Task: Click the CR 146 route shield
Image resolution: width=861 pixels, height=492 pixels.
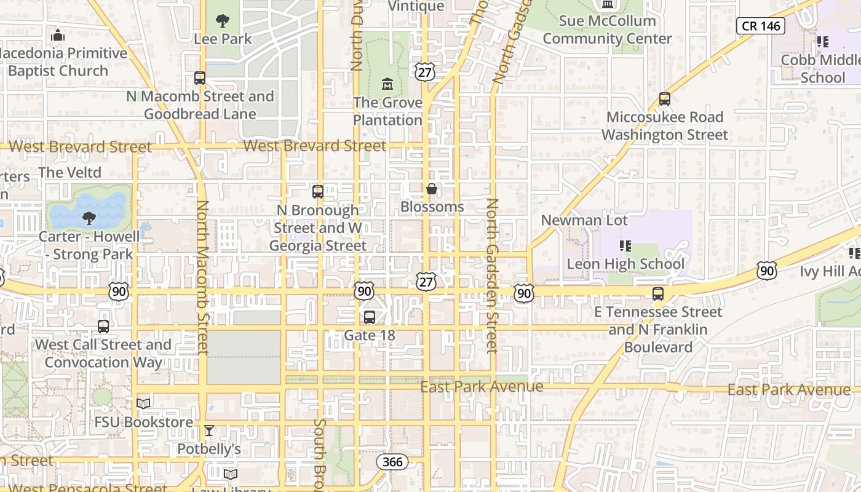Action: pos(760,26)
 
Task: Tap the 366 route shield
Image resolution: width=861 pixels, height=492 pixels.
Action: pos(392,462)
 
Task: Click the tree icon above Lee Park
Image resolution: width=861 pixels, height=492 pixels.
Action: pos(223,21)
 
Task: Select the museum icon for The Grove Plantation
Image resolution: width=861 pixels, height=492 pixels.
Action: pos(387,84)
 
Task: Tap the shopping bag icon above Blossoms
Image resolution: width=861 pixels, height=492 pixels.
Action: pos(432,189)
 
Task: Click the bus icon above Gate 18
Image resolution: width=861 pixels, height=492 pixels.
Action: pos(369,317)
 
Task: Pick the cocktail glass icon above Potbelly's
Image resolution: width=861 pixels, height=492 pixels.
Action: pos(209,430)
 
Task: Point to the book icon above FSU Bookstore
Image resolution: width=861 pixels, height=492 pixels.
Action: pos(143,404)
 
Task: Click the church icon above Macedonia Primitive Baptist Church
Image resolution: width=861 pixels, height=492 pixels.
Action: pos(58,35)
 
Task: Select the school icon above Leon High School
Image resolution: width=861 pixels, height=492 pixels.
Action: pos(625,246)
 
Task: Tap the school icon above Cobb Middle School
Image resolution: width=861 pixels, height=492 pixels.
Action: pos(822,42)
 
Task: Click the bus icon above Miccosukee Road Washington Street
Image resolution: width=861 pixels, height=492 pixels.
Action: pos(664,98)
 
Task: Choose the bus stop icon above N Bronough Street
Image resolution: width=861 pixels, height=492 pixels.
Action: pos(317,192)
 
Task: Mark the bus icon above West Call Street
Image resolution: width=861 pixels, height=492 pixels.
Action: pos(103,327)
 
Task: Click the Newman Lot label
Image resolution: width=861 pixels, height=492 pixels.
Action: pos(584,220)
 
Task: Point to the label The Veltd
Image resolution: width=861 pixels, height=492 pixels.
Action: pos(70,173)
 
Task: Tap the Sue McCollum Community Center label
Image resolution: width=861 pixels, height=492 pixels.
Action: pos(607,30)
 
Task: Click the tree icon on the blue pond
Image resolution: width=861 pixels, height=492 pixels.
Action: pos(89,217)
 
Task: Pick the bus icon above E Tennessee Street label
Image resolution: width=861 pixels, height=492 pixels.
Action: pos(658,294)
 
